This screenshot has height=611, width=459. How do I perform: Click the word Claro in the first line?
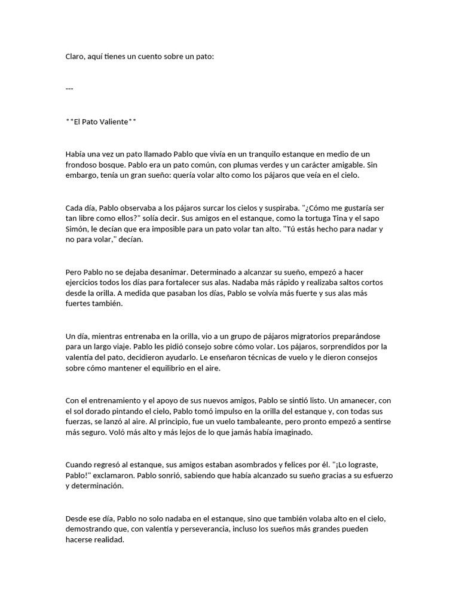click(x=75, y=57)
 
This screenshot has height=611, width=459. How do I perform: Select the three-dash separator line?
click(x=69, y=89)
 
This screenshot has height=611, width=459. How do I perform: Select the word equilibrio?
click(x=164, y=369)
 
